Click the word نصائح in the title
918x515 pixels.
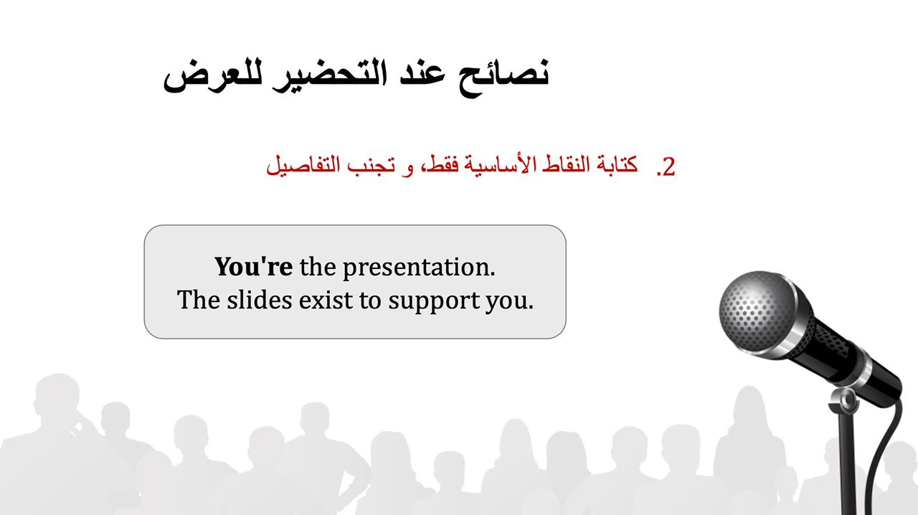coord(503,77)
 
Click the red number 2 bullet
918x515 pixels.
coord(666,167)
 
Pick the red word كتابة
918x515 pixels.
coord(617,164)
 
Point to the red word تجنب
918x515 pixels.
coord(371,166)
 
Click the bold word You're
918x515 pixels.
coord(254,267)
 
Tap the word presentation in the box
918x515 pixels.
coord(419,268)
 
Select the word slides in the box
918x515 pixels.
coord(260,300)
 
